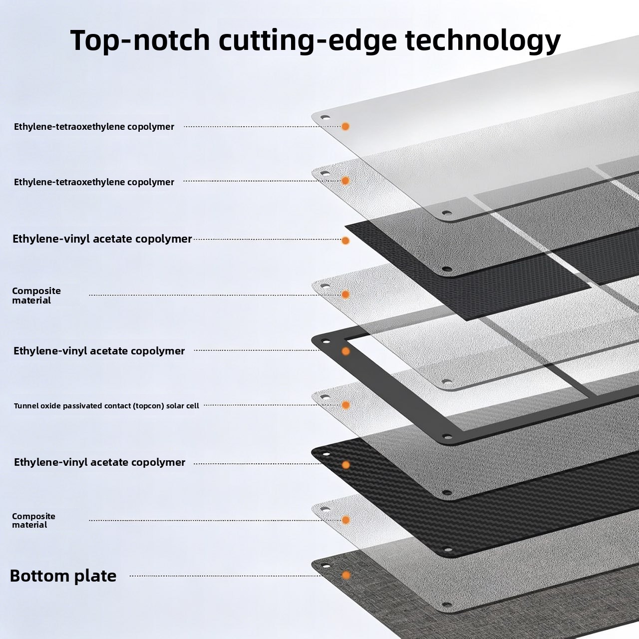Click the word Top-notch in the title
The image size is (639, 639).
coord(140,40)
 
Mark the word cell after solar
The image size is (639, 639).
coord(193,405)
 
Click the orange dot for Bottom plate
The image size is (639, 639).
coord(346,575)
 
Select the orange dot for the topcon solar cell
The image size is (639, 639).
coord(345,405)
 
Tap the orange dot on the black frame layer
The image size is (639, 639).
coord(345,351)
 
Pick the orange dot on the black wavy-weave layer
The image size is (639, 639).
coord(345,465)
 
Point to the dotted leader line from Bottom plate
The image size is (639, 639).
coord(226,576)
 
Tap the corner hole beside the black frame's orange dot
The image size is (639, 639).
coord(325,341)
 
